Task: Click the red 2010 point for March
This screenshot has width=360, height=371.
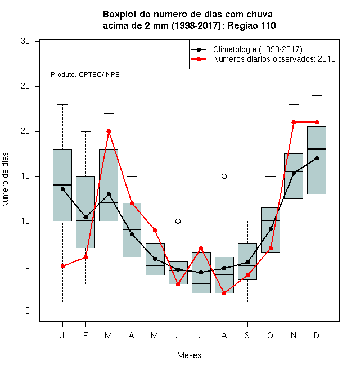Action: click(109, 132)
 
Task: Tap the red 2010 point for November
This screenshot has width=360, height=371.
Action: click(294, 123)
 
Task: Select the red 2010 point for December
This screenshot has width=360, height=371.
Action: click(317, 123)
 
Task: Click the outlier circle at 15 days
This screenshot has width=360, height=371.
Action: click(224, 177)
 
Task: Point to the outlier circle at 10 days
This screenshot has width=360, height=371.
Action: click(178, 221)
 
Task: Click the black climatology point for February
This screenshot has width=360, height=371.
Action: click(85, 217)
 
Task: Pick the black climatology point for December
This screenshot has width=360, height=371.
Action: click(317, 158)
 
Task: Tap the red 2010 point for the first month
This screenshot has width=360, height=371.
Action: click(62, 266)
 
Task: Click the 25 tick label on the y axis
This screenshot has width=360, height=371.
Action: click(25, 86)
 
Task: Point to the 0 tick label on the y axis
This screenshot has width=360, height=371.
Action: click(28, 311)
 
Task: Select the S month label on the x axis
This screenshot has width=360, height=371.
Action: click(247, 335)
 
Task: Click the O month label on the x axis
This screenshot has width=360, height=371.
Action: click(270, 335)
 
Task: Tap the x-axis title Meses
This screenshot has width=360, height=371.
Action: click(189, 355)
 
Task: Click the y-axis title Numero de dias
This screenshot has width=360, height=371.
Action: click(5, 180)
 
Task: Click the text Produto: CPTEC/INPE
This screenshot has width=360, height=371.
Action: click(85, 75)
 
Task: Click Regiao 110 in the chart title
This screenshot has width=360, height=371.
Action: click(251, 25)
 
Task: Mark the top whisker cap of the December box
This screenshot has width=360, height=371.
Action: click(317, 96)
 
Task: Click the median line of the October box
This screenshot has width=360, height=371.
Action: click(271, 221)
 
